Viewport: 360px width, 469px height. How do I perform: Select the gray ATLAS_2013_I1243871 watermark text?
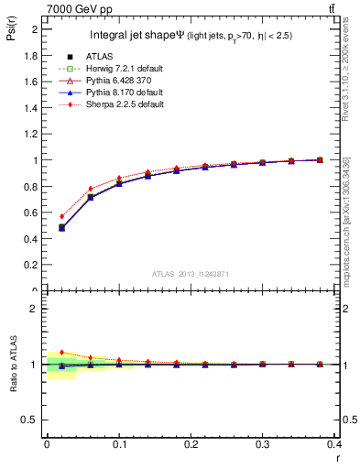point(191,274)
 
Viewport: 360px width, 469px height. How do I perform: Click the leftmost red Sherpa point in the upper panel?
point(61,216)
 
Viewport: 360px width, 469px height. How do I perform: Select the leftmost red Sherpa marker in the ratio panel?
point(61,352)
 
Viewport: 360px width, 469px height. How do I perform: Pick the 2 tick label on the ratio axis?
point(35,309)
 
